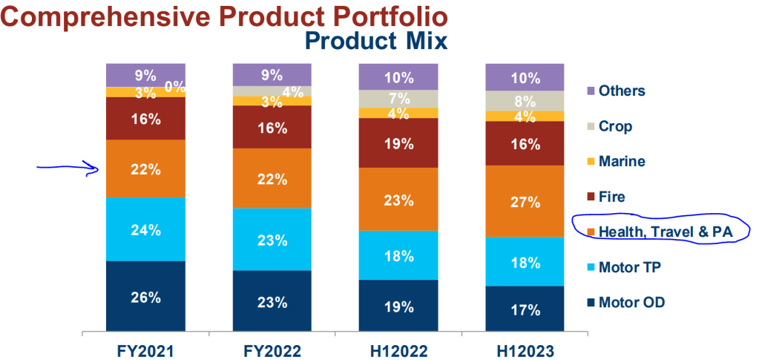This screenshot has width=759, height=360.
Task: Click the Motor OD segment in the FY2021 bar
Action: pyautogui.click(x=145, y=297)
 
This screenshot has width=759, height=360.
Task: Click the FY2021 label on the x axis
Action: pyautogui.click(x=145, y=349)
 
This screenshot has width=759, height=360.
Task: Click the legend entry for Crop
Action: pyautogui.click(x=615, y=126)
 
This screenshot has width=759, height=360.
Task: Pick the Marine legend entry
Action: pyautogui.click(x=621, y=161)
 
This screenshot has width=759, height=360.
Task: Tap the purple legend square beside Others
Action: pyautogui.click(x=591, y=91)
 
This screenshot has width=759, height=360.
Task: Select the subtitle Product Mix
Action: pyautogui.click(x=376, y=41)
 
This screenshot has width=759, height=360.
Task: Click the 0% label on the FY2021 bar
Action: pyautogui.click(x=174, y=86)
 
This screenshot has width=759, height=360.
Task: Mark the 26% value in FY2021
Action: pyautogui.click(x=145, y=298)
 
